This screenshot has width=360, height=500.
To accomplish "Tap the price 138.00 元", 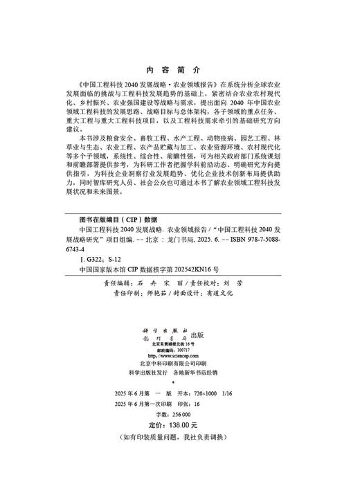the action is [x=183, y=425].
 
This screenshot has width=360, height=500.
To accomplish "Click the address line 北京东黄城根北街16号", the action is [x=173, y=344].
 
